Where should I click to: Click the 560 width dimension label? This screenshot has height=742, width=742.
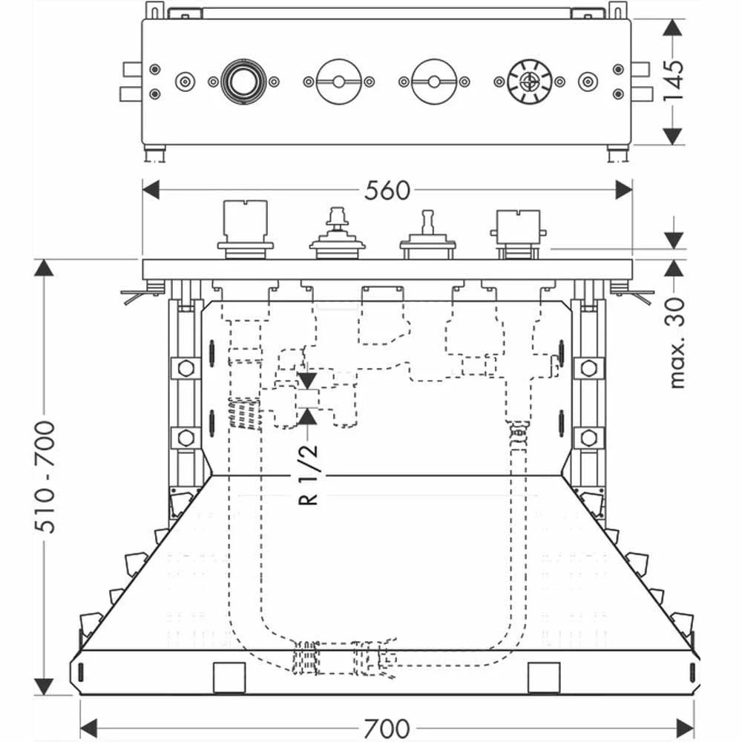coord(387,191)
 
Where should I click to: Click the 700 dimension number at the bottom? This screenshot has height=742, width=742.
coord(387,725)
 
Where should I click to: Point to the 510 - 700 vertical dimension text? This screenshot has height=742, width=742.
coord(46,476)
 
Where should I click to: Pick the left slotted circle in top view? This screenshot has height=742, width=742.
coord(339,82)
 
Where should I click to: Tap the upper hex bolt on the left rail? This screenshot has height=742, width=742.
coord(185,367)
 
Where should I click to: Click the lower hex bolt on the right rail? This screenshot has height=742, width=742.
coord(588,437)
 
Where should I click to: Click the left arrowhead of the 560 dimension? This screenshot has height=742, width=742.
coord(151,191)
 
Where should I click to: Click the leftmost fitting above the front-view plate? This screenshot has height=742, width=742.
coord(245,229)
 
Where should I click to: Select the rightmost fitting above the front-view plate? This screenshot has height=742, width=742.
coord(517,232)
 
